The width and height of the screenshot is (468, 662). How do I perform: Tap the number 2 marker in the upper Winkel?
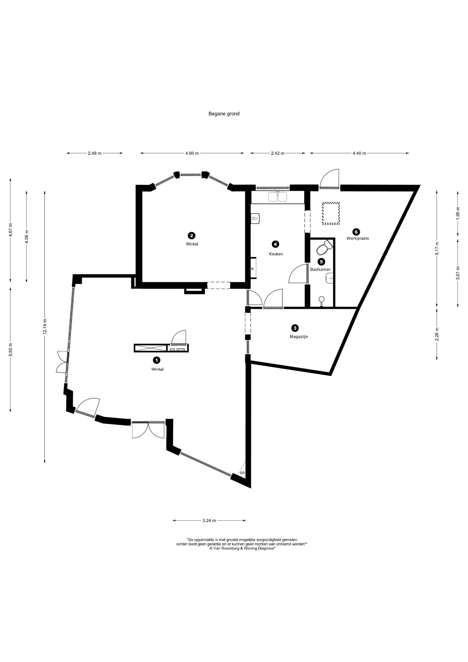[191, 236]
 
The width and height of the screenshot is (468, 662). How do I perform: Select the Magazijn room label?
[299, 336]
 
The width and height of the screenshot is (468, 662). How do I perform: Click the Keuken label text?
[276, 254]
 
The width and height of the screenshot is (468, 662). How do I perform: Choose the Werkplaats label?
[358, 238]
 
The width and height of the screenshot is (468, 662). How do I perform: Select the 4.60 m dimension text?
[192, 153]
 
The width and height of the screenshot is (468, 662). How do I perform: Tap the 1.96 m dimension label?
[458, 214]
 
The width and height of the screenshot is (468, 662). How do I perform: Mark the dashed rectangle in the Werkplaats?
[331, 214]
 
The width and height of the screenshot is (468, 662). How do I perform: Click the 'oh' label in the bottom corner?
[242, 473]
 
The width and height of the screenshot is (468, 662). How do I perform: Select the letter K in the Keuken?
[253, 269]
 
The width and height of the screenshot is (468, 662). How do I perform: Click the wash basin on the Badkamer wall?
[329, 279]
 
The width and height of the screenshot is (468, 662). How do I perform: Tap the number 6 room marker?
[356, 231]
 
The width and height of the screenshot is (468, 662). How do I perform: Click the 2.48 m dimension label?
[95, 153]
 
